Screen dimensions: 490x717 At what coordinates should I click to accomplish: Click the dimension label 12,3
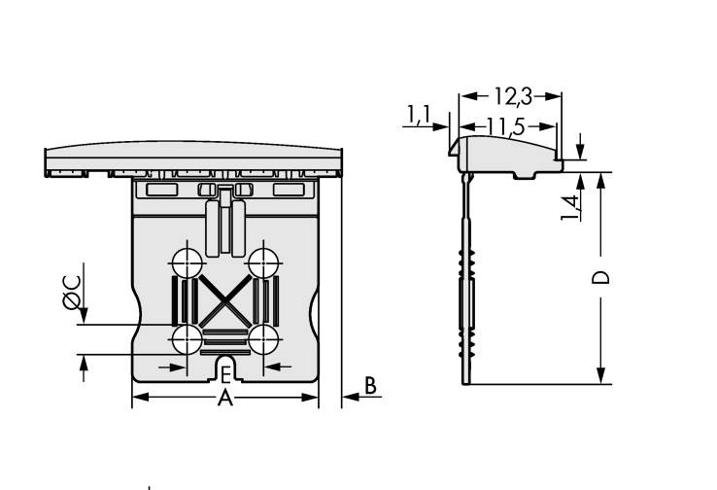511,97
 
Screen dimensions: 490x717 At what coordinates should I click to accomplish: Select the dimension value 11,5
506,126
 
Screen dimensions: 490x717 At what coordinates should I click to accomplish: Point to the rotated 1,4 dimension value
571,206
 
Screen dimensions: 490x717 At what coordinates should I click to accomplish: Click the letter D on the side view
602,277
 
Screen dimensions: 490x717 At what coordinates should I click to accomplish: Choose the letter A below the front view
224,399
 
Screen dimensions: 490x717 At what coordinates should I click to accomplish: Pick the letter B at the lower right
370,386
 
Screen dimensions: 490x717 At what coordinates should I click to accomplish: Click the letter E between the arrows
224,375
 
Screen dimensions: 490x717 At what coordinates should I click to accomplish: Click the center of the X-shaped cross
224,300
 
